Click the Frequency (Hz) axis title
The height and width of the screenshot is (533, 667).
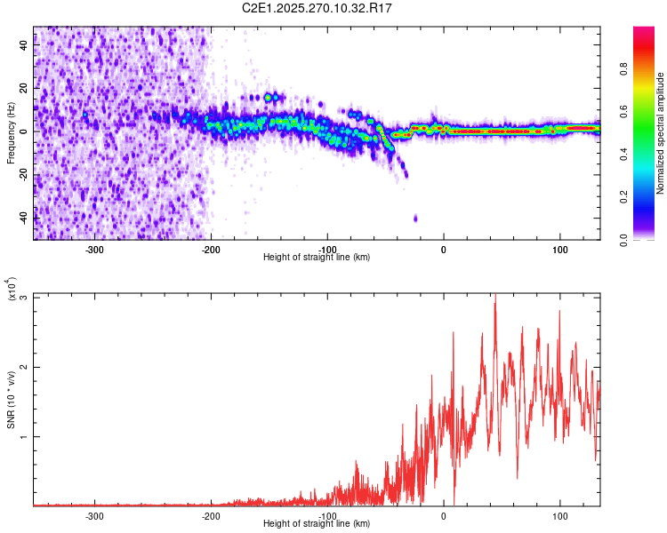tap(11, 133)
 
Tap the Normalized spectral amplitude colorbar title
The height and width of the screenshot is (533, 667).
tap(661, 133)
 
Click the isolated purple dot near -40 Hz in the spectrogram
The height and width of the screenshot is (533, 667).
tap(415, 218)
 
